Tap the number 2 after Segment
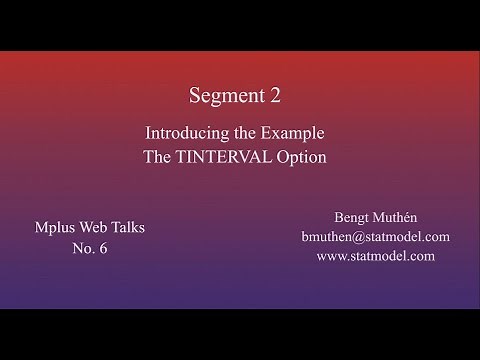point(275,96)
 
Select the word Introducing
point(185,132)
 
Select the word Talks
point(128,227)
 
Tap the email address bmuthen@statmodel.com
point(375,236)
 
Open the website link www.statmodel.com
point(375,256)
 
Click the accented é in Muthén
point(404,217)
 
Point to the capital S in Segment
point(196,96)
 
